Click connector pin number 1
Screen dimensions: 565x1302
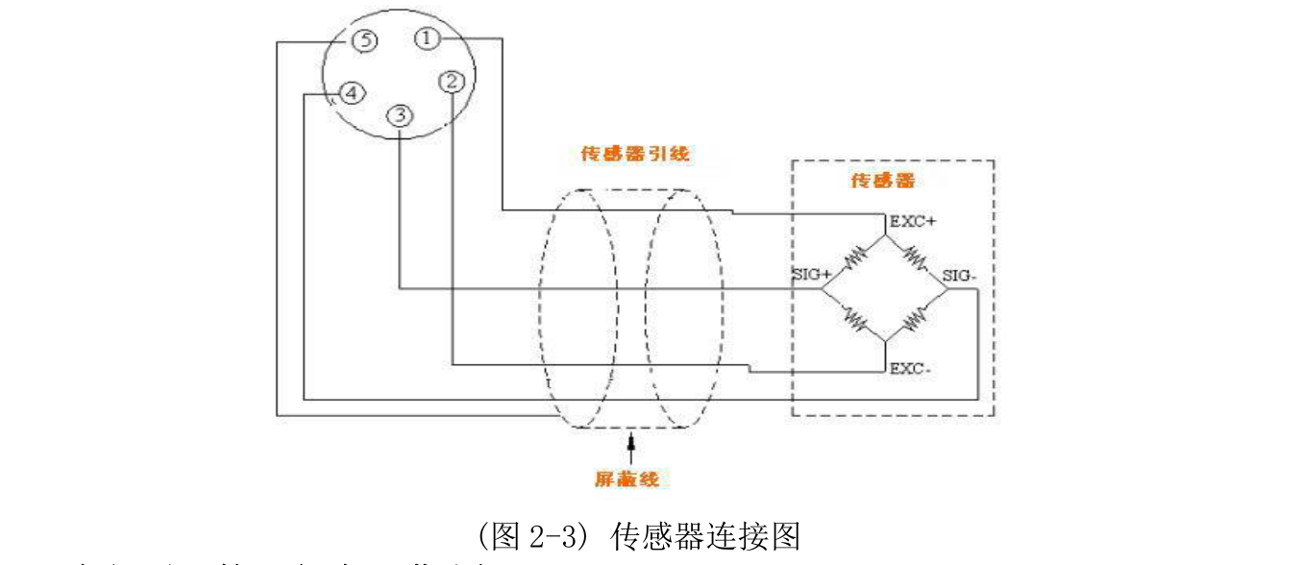pyautogui.click(x=428, y=38)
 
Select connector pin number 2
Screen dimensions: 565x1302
pyautogui.click(x=452, y=82)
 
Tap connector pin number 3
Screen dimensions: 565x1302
pyautogui.click(x=400, y=114)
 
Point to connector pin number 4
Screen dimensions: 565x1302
pyautogui.click(x=352, y=93)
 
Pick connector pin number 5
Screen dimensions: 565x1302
pyautogui.click(x=363, y=40)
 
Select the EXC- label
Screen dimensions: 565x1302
pyautogui.click(x=908, y=368)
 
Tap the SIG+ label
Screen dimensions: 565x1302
pyautogui.click(x=810, y=275)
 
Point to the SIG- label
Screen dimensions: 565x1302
pyautogui.click(x=962, y=276)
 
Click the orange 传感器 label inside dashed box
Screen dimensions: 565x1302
pyautogui.click(x=882, y=180)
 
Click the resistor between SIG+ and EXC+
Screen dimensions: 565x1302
pyautogui.click(x=854, y=258)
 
